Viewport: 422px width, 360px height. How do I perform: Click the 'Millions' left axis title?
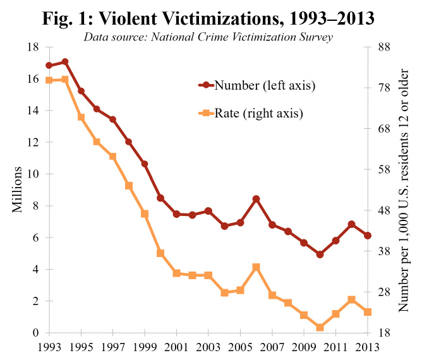(19, 190)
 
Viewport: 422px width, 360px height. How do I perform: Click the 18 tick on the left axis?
(33, 47)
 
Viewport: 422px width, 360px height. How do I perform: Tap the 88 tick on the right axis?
(383, 47)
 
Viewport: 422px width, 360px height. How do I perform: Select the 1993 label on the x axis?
(49, 346)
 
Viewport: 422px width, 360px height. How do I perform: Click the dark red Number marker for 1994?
(65, 62)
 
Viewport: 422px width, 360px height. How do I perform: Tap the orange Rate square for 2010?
(320, 328)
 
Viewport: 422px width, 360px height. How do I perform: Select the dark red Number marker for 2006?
(256, 199)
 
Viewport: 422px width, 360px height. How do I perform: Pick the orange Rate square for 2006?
(256, 267)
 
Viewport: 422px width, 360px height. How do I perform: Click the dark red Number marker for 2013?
(368, 236)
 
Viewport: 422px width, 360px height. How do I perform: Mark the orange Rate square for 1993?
(49, 80)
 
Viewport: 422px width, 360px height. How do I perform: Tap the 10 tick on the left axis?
(33, 174)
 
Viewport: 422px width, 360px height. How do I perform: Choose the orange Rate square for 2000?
(160, 253)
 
